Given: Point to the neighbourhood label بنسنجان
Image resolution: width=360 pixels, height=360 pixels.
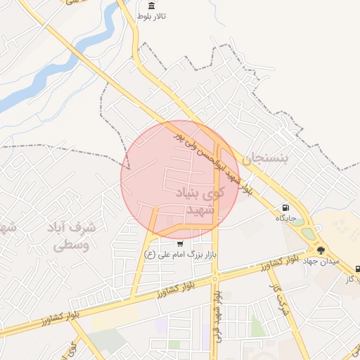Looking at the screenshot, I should (265, 160).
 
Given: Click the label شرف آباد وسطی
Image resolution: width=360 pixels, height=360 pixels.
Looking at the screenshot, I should (70, 236).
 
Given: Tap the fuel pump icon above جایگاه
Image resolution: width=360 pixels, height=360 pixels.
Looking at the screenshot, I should (285, 207).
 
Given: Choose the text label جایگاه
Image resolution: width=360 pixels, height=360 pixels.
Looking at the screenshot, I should (285, 218).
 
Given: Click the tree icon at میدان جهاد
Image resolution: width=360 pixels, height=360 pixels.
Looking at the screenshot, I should (321, 250).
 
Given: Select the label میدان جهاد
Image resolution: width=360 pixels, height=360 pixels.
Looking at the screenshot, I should (321, 261).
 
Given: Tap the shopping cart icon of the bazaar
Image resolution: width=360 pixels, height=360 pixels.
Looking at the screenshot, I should (180, 243).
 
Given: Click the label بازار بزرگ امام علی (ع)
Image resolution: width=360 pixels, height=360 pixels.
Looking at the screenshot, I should (179, 254).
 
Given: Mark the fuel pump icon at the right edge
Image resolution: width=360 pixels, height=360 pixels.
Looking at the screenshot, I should (357, 269).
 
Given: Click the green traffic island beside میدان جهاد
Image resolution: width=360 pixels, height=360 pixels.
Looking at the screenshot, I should (307, 232).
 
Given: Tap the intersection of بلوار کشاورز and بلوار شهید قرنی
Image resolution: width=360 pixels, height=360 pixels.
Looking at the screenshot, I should (214, 280).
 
